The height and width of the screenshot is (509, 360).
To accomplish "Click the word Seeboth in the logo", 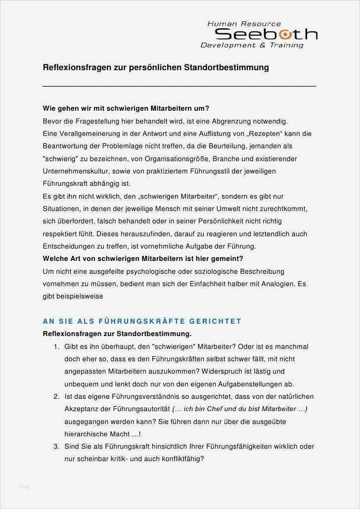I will tap(266, 34).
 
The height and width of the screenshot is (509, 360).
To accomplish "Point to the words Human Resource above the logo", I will tap(244, 24).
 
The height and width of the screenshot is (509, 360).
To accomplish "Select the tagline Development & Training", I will tap(252, 45).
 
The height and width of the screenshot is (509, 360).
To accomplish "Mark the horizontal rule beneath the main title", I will tap(180, 86).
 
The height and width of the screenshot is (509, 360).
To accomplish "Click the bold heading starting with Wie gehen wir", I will tap(126, 108).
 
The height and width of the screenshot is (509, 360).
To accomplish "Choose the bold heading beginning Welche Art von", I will tap(143, 258).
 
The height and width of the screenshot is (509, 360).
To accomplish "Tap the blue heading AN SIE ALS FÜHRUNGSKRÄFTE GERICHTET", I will tap(142, 321).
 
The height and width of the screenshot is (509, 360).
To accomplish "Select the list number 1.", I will tap(56, 346).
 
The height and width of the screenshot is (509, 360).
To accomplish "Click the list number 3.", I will tap(56, 446).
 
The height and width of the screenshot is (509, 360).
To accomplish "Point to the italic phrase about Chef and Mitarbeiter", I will tap(240, 409).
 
